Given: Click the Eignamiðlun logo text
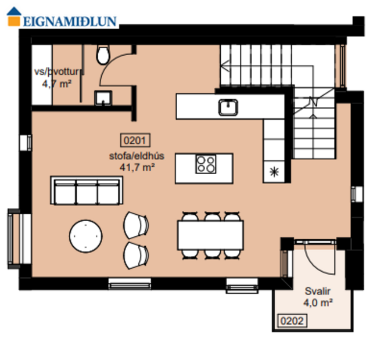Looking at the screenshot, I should [70, 21].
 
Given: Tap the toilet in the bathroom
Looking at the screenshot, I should [103, 55].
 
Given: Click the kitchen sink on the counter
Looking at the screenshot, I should [228, 107].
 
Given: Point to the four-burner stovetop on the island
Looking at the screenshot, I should [205, 164].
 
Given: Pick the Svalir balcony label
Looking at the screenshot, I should [317, 291].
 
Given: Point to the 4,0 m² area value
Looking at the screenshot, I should [317, 303].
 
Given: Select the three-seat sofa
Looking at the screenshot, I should [86, 191].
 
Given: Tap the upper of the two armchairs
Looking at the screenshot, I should [137, 225].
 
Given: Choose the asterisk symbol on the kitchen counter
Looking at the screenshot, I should [274, 171].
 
